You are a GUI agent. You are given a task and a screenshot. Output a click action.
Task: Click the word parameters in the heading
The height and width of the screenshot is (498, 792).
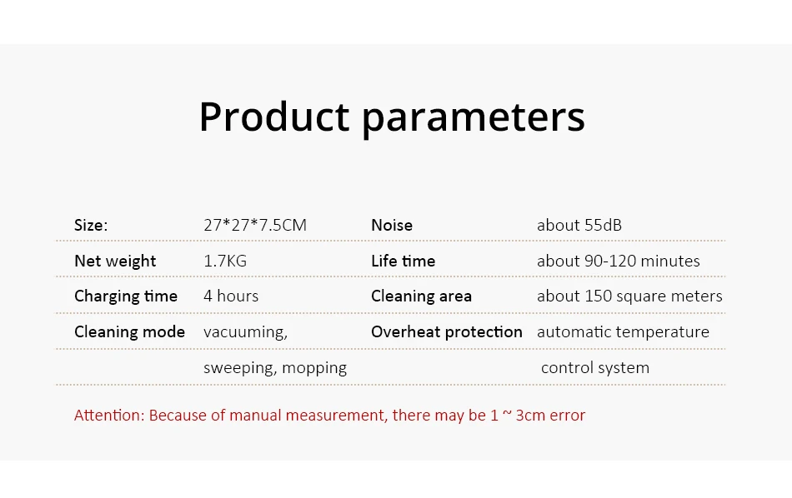click(474, 120)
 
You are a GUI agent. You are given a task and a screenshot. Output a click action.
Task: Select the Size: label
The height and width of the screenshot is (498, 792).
click(91, 225)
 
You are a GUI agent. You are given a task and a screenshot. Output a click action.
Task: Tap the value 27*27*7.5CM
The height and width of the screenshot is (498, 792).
click(255, 225)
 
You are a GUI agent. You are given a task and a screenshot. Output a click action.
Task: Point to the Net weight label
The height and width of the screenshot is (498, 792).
click(115, 261)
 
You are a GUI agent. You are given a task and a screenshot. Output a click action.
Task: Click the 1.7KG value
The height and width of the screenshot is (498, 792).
click(225, 261)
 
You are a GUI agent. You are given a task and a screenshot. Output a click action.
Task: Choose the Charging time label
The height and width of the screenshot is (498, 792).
click(126, 296)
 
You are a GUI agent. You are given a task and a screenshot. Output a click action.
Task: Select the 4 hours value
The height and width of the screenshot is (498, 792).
click(231, 296)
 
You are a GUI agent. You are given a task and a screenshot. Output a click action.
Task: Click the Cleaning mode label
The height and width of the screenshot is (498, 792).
click(130, 332)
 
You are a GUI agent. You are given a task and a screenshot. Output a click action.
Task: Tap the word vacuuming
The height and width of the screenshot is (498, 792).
click(245, 332)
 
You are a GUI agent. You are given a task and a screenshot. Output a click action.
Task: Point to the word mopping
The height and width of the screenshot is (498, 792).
click(314, 369)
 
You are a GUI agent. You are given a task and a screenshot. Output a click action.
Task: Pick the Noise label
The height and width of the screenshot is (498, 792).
click(392, 225)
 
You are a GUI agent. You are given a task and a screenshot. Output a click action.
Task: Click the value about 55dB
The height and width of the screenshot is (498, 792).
click(579, 225)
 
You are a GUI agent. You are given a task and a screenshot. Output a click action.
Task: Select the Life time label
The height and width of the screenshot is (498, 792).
click(403, 261)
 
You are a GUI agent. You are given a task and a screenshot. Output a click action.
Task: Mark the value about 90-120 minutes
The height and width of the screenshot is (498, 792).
click(619, 261)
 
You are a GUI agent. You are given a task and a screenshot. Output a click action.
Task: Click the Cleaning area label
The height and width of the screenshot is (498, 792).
click(421, 296)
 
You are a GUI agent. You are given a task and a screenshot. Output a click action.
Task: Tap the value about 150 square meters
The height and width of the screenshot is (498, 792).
click(630, 296)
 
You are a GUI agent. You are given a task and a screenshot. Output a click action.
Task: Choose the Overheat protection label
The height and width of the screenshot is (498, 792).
click(447, 332)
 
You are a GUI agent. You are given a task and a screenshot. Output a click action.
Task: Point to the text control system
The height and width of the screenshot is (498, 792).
click(595, 368)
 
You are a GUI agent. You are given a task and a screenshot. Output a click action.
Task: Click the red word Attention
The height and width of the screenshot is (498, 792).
click(109, 416)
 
